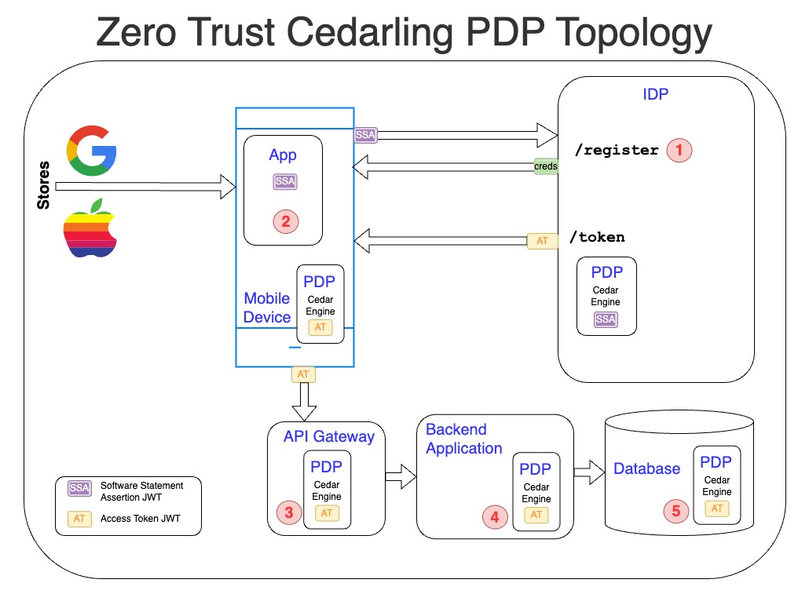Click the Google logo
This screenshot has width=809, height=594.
pos(91,150)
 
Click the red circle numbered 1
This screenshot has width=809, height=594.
pos(679,149)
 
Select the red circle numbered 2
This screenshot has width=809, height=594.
pos(285,221)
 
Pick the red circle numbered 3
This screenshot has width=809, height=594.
pos(289,513)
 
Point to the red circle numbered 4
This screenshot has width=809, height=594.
pos(495,517)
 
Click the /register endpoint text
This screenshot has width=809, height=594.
pos(617,151)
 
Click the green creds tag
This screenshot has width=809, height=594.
pos(545,166)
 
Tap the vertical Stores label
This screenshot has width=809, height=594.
pos(44,185)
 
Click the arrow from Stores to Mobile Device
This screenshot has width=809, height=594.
pos(145,187)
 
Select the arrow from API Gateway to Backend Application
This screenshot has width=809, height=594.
pos(400,476)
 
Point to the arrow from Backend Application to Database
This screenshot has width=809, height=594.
pos(588,472)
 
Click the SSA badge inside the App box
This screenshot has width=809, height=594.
pos(285,182)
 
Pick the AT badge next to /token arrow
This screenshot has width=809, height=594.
pos(542,241)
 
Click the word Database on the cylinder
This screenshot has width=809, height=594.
pos(646,468)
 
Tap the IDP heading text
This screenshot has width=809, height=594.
pos(655,95)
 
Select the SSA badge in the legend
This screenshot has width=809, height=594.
pos(79,488)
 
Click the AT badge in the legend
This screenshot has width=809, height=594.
pos(79,519)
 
